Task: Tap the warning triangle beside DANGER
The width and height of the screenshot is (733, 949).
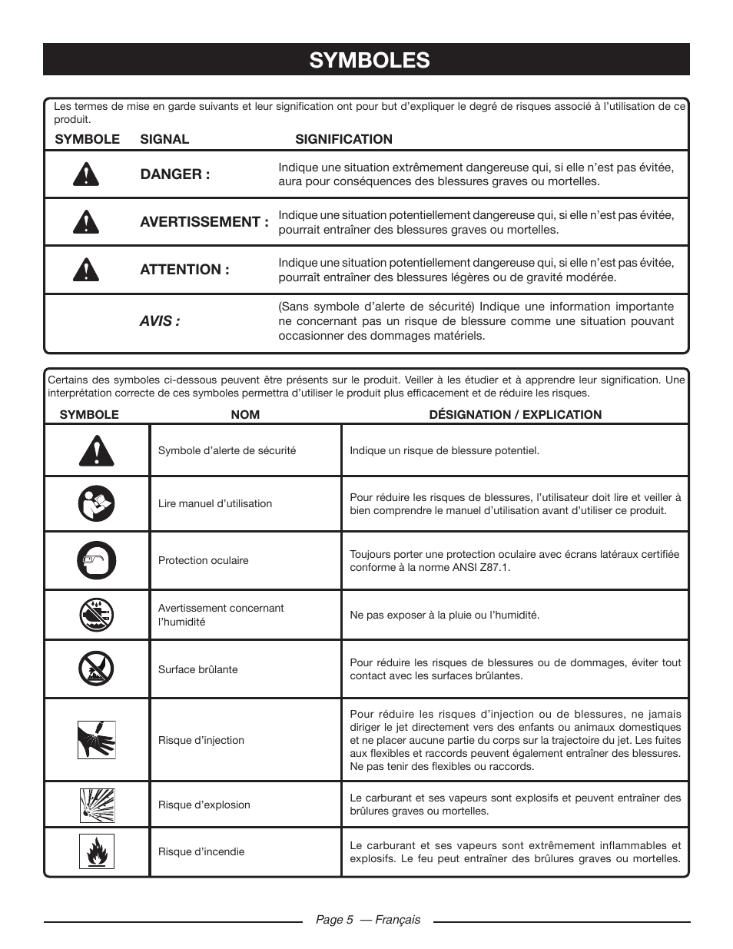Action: tap(87, 174)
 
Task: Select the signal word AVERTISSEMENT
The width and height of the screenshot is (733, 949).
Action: tap(204, 222)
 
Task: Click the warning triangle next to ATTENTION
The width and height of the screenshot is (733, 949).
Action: tap(87, 270)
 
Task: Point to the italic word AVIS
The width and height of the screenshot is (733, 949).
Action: tap(160, 321)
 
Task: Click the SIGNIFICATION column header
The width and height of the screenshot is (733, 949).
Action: tap(343, 139)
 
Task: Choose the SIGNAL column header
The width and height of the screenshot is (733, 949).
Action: tap(164, 139)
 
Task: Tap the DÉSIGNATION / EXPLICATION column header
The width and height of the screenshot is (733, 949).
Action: tap(515, 415)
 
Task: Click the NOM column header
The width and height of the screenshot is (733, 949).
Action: tap(245, 415)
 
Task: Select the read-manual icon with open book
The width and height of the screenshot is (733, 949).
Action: tap(96, 504)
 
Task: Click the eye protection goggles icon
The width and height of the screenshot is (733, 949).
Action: tap(96, 560)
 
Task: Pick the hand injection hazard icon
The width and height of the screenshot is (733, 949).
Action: tap(96, 740)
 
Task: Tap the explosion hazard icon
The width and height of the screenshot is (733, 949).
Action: tap(96, 805)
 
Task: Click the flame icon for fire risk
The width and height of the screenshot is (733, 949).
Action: tap(96, 851)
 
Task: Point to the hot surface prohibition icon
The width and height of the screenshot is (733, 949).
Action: tap(96, 669)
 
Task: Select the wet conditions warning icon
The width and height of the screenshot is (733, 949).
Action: tap(96, 615)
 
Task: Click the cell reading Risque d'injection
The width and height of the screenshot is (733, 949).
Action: tap(201, 740)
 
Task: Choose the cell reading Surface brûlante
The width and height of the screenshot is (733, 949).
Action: tap(197, 669)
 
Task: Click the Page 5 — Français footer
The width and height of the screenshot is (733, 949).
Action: tap(368, 920)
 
